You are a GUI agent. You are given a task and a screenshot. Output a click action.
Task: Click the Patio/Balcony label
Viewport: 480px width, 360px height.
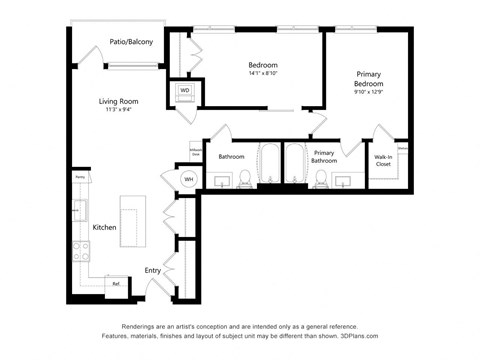pyautogui.click(x=131, y=42)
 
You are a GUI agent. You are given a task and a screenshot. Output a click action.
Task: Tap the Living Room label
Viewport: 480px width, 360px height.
pyautogui.click(x=118, y=102)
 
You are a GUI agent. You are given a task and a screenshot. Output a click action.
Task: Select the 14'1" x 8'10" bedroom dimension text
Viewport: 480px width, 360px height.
pyautogui.click(x=262, y=73)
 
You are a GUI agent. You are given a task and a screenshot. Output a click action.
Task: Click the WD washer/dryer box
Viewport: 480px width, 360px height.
pyautogui.click(x=185, y=91)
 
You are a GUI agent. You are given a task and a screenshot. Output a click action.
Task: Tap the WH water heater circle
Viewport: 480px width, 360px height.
pyautogui.click(x=188, y=180)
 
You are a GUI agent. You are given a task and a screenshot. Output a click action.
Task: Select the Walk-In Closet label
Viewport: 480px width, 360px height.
pyautogui.click(x=383, y=160)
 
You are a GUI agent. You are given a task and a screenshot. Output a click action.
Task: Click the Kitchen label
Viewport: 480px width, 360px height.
pyautogui.click(x=105, y=228)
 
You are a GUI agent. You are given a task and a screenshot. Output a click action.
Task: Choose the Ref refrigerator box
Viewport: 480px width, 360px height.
pyautogui.click(x=116, y=284)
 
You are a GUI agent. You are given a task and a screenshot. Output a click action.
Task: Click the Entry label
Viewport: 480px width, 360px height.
pyautogui.click(x=152, y=270)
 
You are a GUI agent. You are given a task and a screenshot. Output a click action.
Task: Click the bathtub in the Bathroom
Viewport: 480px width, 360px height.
pyautogui.click(x=268, y=166)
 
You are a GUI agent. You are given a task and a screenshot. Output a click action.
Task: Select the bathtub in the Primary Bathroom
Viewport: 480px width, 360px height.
pyautogui.click(x=296, y=166)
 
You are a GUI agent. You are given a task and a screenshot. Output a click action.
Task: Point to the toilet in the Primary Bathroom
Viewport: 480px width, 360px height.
pyautogui.click(x=322, y=178)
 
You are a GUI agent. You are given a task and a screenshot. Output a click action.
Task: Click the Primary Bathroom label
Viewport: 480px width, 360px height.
pyautogui.click(x=324, y=157)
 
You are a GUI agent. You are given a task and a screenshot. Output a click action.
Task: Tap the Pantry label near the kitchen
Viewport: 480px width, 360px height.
pyautogui.click(x=79, y=177)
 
